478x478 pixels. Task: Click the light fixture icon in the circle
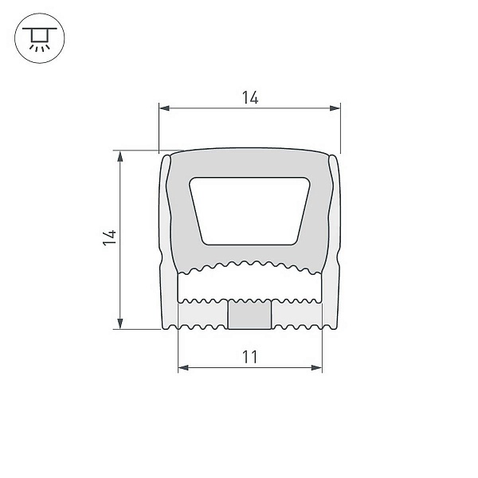coord(40,38)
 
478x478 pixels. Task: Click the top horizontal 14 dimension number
coord(250,97)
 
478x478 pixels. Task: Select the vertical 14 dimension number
coord(110,237)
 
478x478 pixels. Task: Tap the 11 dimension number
coord(249,357)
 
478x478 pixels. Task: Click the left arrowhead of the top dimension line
coord(164,108)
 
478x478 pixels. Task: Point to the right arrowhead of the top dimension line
coord(335,108)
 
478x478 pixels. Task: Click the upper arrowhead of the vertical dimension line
coord(120,156)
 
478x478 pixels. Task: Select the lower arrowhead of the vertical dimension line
coord(120,323)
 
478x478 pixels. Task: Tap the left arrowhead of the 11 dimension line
coord(183,367)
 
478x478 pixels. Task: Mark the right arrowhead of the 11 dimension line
coord(317,367)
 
